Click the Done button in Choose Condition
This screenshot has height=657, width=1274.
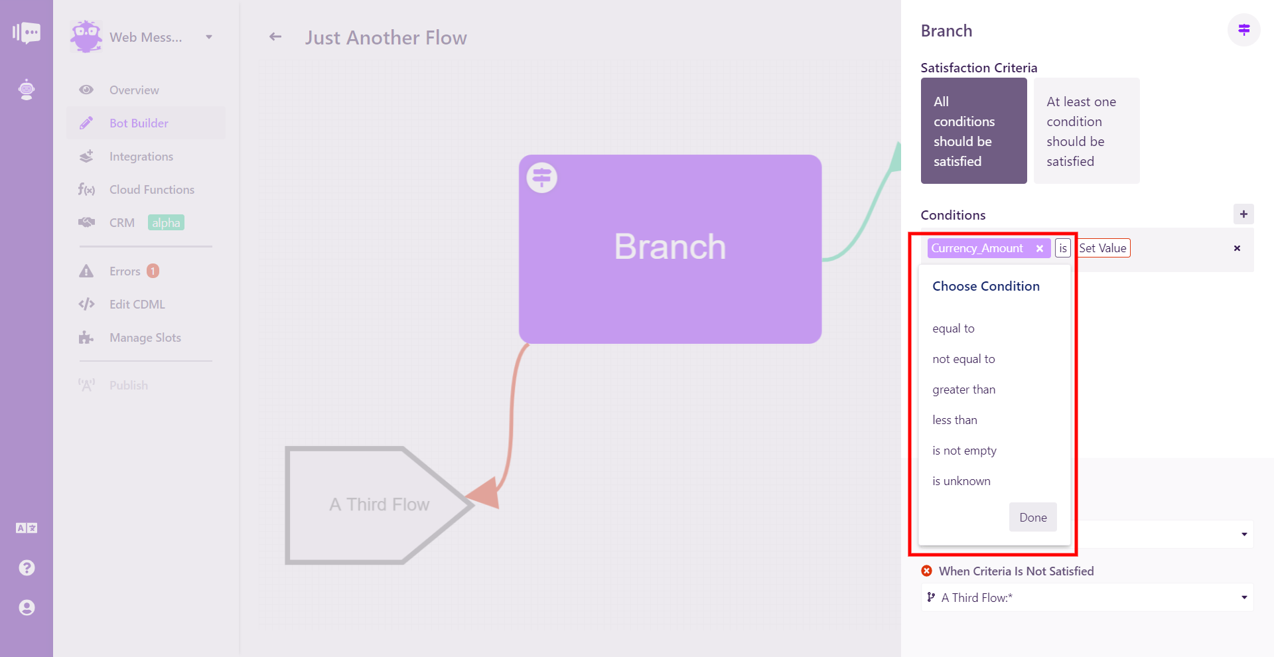pos(1032,517)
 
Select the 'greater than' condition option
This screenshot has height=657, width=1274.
pos(963,390)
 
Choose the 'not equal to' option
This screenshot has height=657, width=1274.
pos(963,359)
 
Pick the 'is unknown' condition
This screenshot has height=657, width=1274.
pos(961,481)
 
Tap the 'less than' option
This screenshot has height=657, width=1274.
pos(955,420)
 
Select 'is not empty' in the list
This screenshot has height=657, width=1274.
pos(964,451)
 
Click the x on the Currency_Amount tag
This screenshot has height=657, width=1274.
pos(1040,248)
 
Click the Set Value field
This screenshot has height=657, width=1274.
pos(1103,248)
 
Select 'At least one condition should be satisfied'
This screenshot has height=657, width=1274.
pos(1086,131)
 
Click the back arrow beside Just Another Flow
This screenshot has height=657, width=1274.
pos(275,37)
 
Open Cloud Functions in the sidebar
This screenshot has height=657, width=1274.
pos(152,190)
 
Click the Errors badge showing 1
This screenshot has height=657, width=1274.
pos(153,271)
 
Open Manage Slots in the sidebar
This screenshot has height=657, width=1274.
pos(145,338)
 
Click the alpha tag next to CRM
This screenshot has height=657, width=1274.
pos(166,223)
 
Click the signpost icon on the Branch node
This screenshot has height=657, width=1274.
pos(541,178)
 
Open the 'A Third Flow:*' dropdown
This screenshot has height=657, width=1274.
pos(1086,597)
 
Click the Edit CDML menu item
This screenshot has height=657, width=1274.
pos(137,305)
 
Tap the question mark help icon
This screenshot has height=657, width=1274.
pos(27,568)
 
